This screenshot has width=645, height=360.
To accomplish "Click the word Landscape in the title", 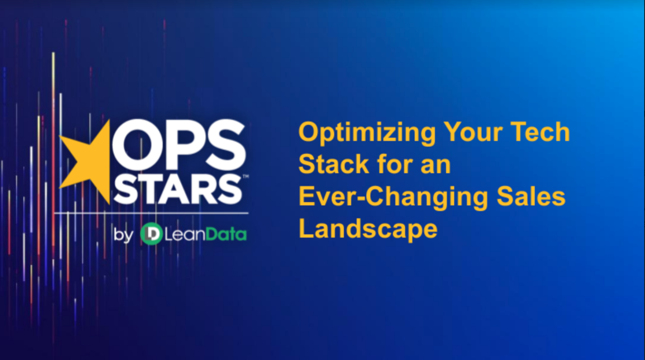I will click(x=368, y=229).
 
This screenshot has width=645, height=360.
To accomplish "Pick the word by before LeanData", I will click(x=123, y=235).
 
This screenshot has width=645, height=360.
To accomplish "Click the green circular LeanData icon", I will click(x=151, y=234).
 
